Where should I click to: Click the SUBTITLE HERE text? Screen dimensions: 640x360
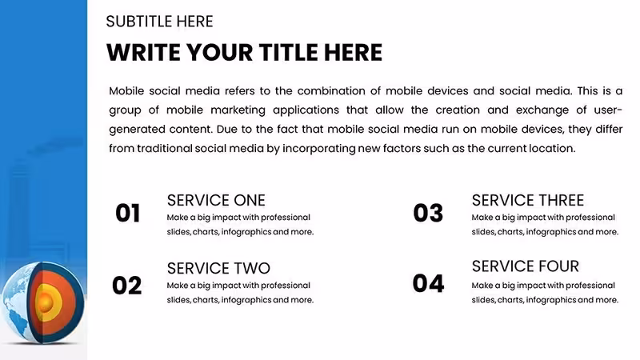point(159,22)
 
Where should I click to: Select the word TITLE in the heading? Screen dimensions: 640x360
point(288,53)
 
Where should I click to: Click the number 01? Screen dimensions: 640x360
point(128,213)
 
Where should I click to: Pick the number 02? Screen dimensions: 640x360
point(127,286)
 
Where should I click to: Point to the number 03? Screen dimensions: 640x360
point(428,213)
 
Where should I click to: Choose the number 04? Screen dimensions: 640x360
point(428,283)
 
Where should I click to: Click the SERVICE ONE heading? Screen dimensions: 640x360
point(216,201)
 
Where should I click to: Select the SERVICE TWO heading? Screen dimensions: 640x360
point(218,269)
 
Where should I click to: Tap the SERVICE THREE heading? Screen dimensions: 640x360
point(528,201)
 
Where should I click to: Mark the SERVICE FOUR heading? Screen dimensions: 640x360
point(526,266)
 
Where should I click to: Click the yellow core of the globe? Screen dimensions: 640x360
point(46,302)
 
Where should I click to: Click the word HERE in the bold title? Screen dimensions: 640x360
point(353,53)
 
